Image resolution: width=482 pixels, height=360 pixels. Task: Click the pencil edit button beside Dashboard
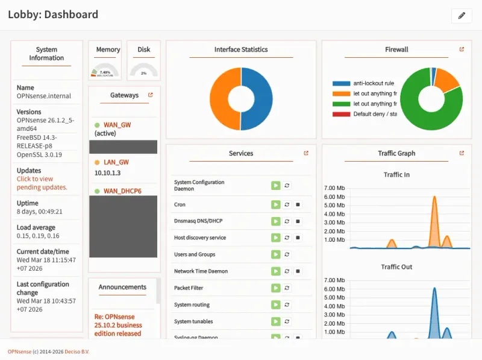point(462,16)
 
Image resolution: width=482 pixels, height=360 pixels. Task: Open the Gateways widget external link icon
point(151,95)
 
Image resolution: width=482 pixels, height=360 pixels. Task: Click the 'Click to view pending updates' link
point(42,183)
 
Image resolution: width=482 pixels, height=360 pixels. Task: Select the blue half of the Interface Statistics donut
point(259,99)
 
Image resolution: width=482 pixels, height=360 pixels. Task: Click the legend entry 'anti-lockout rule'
point(374,83)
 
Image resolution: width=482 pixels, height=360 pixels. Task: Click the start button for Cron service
point(275,204)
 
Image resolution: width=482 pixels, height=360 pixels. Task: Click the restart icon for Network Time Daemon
point(287,271)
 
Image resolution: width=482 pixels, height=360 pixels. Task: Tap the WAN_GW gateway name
point(117,125)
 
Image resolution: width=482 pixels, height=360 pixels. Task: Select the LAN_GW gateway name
point(116,162)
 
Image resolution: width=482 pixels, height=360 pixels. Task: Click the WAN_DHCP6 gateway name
point(122,191)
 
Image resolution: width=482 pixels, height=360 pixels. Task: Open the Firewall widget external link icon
point(462,49)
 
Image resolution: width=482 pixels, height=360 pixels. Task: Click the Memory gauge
point(105,70)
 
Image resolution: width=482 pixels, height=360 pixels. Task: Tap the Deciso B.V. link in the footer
point(77,352)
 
